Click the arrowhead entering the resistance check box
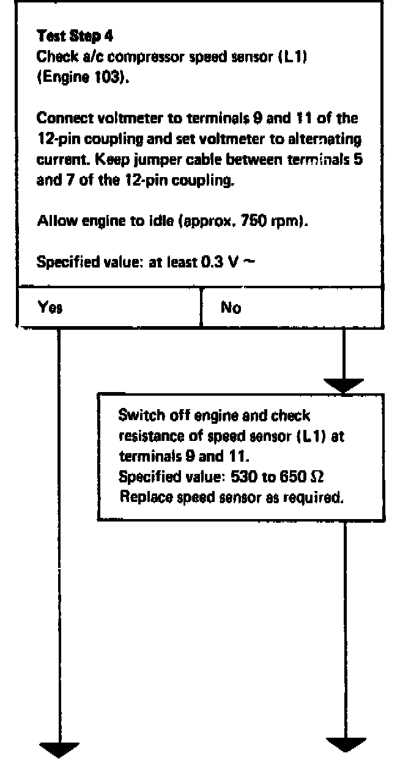click(344, 386)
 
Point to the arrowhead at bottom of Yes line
click(60, 748)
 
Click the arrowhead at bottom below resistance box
click(346, 746)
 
